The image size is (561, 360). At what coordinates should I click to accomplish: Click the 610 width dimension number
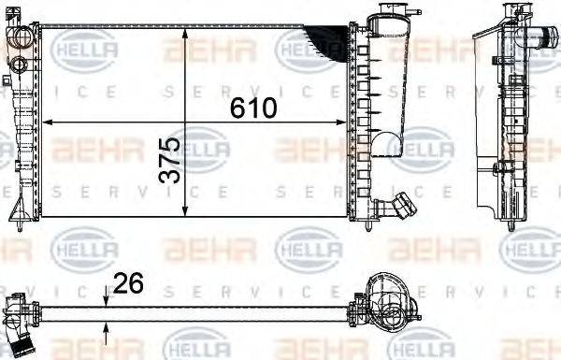point(254,108)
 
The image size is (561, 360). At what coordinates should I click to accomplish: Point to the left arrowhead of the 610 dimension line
point(50,122)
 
